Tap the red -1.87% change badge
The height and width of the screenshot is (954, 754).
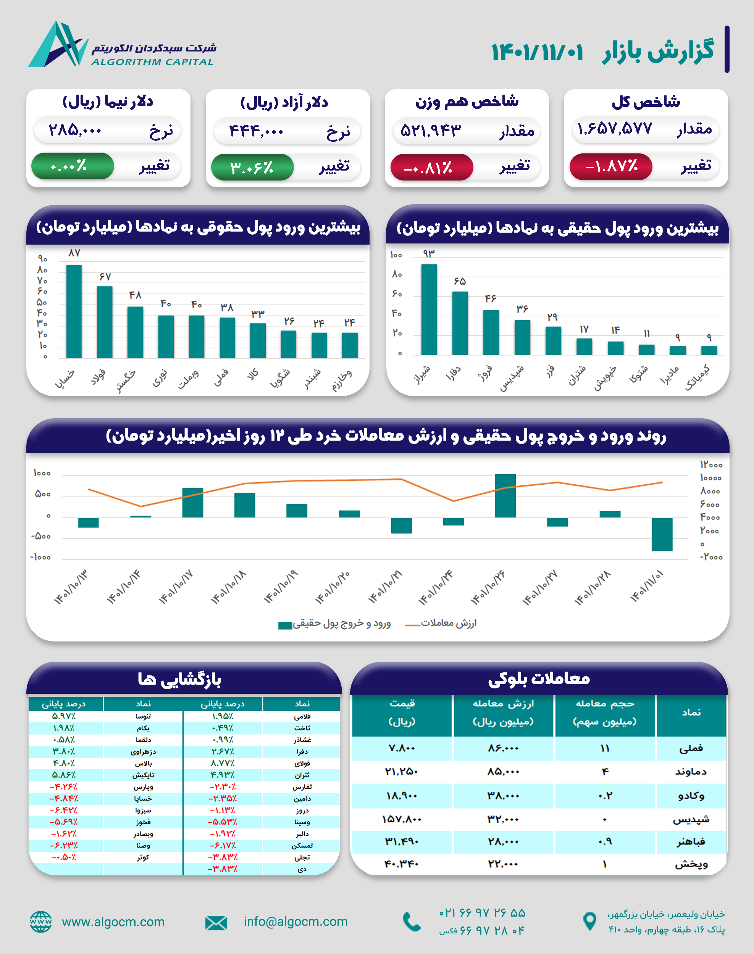[611, 166]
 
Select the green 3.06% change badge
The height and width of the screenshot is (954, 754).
[252, 167]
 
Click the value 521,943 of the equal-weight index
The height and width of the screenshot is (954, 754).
[430, 131]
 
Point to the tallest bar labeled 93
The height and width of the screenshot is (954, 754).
[429, 309]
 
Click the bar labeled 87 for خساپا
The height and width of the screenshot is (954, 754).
[74, 311]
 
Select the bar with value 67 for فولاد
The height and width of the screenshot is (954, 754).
[105, 322]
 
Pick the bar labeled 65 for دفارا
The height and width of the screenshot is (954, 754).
[460, 322]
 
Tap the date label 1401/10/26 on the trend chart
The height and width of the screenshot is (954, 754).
[488, 587]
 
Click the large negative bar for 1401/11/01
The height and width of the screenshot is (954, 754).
[662, 534]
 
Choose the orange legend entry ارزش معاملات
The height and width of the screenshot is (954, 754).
[441, 624]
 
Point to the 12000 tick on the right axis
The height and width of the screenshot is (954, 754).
[711, 465]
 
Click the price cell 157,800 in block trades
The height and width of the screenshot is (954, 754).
[402, 819]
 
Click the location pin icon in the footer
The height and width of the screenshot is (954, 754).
[589, 921]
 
